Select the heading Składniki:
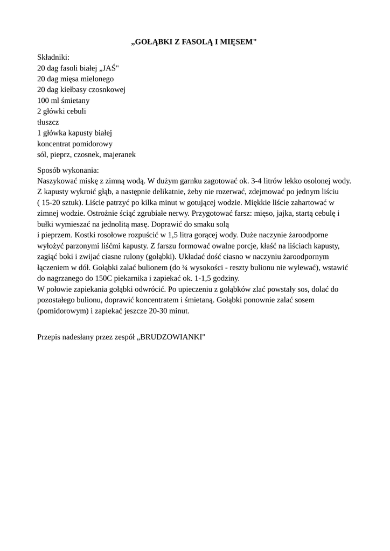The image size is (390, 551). tap(53, 56)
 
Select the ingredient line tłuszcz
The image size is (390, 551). tap(48, 122)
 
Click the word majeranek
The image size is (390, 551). tap(118, 154)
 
